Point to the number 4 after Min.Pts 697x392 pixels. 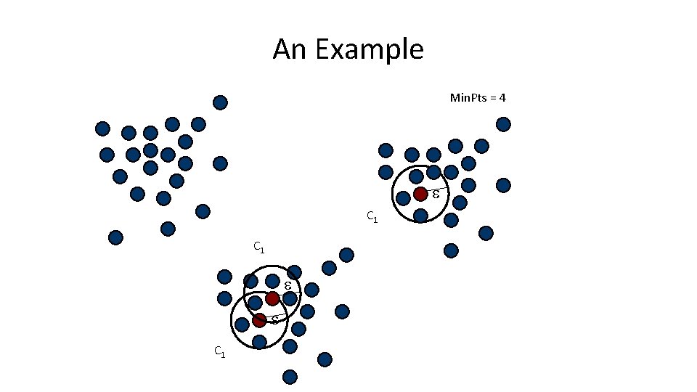(502, 97)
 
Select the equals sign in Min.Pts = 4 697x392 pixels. (491, 97)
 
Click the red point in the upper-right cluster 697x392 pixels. (420, 194)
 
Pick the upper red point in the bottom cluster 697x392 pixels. (272, 298)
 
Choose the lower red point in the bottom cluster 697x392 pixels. (259, 320)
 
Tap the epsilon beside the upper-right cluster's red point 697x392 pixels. (436, 194)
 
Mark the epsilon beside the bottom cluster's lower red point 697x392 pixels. (275, 319)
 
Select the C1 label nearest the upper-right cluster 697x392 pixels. (371, 216)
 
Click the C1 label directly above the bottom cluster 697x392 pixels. (258, 248)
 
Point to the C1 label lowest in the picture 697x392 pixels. (219, 352)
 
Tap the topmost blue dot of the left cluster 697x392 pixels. (220, 102)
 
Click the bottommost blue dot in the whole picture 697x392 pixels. (290, 377)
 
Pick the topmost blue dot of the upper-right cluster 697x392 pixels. (503, 124)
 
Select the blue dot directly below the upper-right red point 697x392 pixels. (420, 216)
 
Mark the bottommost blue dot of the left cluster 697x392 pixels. (115, 237)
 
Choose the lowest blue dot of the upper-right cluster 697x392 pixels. (451, 250)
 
